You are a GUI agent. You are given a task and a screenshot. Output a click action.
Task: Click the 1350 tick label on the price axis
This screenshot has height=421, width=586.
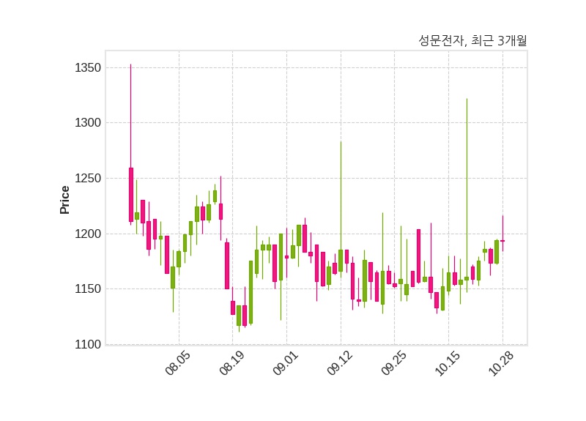87,68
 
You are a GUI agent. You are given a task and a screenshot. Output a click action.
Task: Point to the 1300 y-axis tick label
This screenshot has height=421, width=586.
87,123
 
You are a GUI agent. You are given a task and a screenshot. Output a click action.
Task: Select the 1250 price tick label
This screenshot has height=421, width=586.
87,179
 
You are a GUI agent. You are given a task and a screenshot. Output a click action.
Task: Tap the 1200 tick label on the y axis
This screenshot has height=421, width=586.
87,234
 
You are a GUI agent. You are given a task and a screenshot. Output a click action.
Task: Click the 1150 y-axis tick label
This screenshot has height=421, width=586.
87,289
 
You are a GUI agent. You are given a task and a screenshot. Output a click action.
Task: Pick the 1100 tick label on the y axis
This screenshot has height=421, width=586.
87,344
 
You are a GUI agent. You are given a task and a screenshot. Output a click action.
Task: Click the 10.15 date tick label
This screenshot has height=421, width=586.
448,362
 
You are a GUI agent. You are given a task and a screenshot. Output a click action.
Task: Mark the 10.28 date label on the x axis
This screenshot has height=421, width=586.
502,362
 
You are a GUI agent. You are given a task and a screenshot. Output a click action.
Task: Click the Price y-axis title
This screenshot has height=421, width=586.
65,200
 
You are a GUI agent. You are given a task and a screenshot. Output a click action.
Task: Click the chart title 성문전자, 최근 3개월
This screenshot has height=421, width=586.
472,41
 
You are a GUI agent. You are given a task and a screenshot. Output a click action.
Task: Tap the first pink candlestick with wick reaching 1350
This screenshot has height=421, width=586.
131,194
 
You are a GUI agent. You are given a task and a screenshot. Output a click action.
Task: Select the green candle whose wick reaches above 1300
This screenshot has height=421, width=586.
467,278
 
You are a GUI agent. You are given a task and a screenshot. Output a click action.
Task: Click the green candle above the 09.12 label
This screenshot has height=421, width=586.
341,261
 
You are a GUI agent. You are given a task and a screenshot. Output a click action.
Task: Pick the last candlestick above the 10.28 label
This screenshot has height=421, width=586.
502,241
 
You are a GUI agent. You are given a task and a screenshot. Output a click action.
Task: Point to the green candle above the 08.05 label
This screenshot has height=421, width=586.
179,258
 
